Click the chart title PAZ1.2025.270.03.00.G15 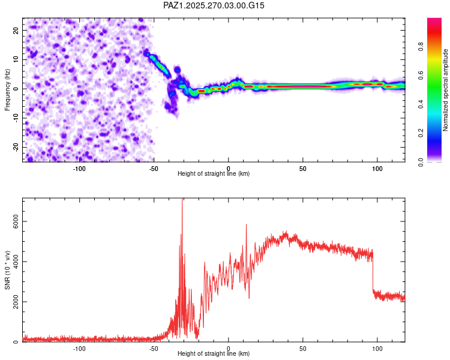click(214, 5)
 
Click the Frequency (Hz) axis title click(7, 89)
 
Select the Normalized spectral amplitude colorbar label click(445, 90)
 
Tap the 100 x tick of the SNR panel click(377, 348)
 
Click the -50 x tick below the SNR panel click(154, 348)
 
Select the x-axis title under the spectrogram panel click(214, 174)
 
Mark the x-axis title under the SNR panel click(214, 354)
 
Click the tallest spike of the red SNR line click(182, 202)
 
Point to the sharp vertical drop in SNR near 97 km click(373, 273)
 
